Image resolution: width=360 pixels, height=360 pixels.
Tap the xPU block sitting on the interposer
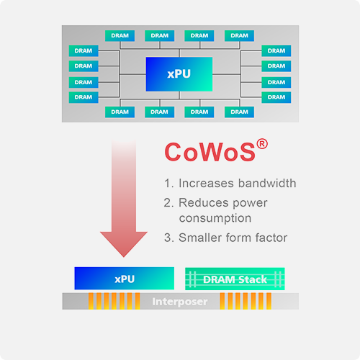point(125,279)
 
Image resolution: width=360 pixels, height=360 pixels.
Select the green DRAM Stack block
point(235,279)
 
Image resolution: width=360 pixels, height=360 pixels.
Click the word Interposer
point(179,301)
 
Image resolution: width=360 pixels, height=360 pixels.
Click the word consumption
point(215,217)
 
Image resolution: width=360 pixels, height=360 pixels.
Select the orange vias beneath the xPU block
point(109,300)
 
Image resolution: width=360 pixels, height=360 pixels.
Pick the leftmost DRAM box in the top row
point(120,35)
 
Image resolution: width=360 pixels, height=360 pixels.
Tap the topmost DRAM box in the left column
point(84,51)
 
